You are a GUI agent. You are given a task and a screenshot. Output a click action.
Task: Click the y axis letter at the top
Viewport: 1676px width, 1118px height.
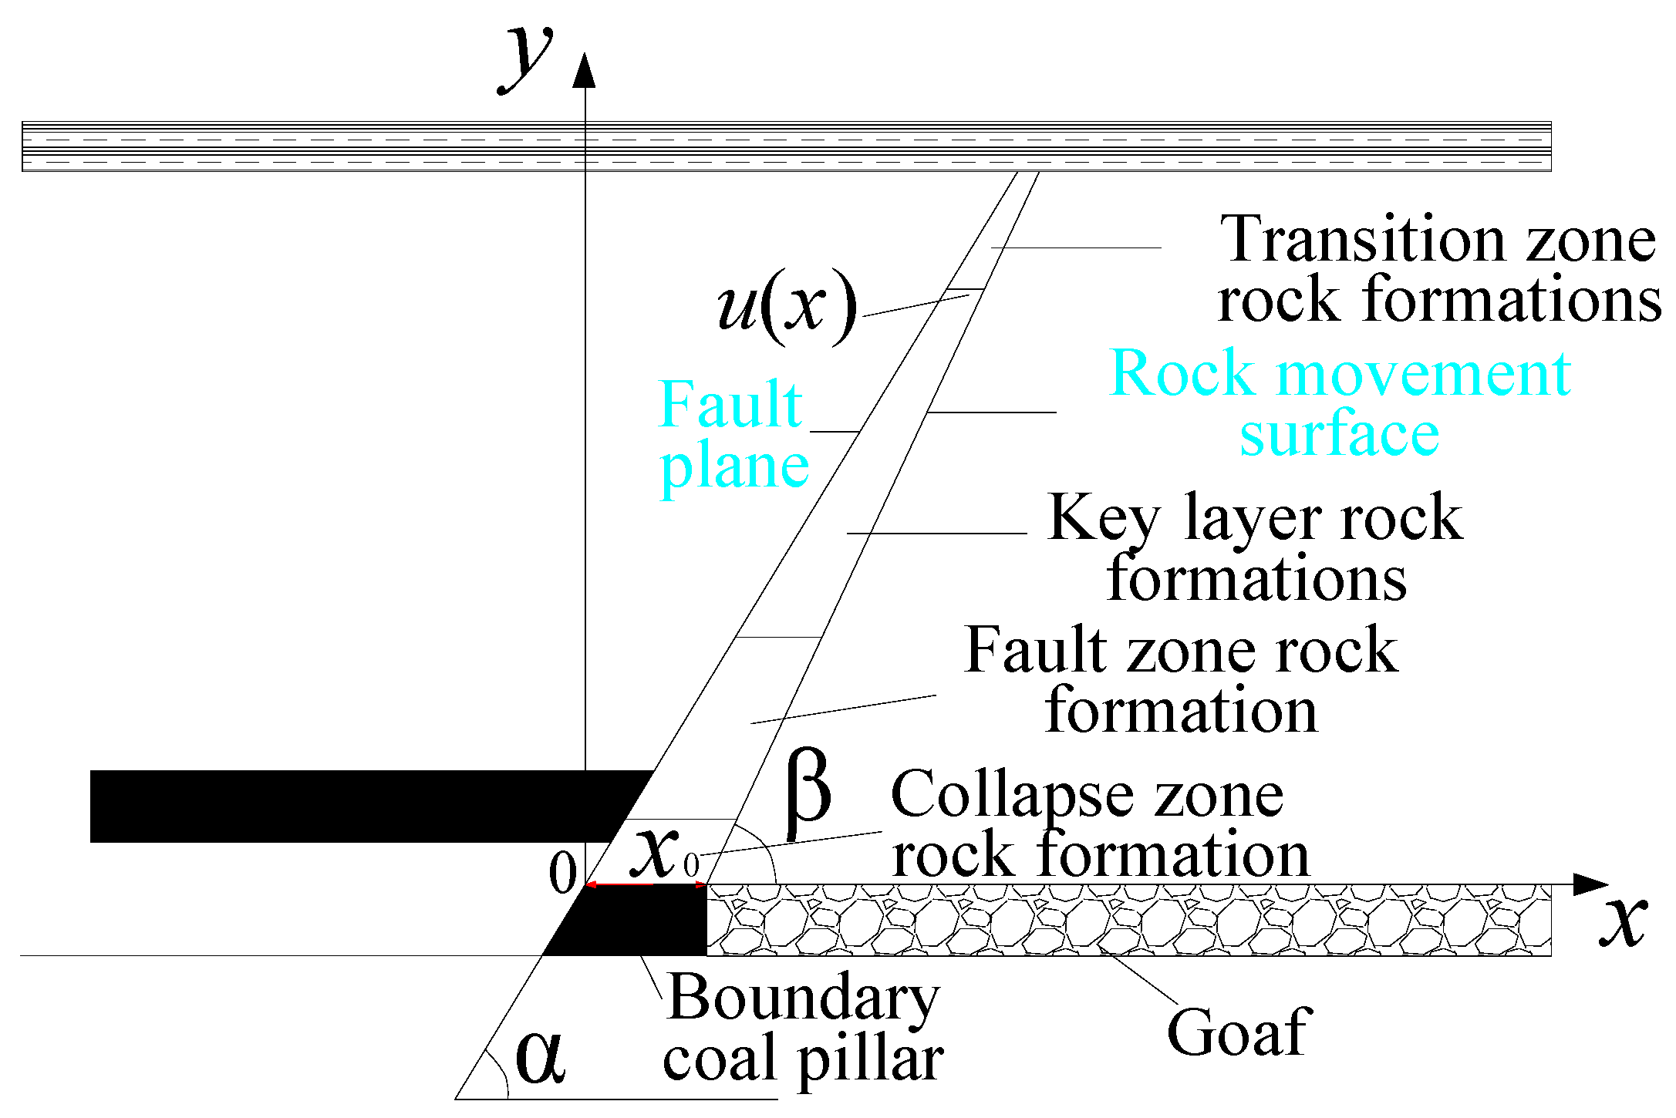click(x=527, y=58)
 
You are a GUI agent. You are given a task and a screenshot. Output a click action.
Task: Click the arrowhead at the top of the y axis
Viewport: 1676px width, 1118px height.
click(x=585, y=71)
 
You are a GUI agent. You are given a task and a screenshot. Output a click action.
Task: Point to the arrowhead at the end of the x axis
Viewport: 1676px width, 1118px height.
click(x=1590, y=884)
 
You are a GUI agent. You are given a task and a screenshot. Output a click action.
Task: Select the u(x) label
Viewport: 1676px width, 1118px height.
click(x=787, y=306)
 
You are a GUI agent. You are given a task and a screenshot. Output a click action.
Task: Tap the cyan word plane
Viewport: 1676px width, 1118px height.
click(x=734, y=467)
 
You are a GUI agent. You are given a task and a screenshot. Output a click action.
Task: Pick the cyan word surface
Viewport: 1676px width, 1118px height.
click(x=1340, y=434)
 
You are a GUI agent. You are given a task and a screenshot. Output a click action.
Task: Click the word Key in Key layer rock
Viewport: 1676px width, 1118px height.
click(x=1104, y=518)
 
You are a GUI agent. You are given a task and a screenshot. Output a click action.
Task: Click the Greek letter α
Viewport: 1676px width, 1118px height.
click(x=540, y=1057)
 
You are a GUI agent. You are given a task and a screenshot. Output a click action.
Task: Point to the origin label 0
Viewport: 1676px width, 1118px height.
click(x=562, y=873)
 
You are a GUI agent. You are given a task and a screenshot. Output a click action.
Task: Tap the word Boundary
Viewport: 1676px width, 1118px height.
click(x=803, y=998)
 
